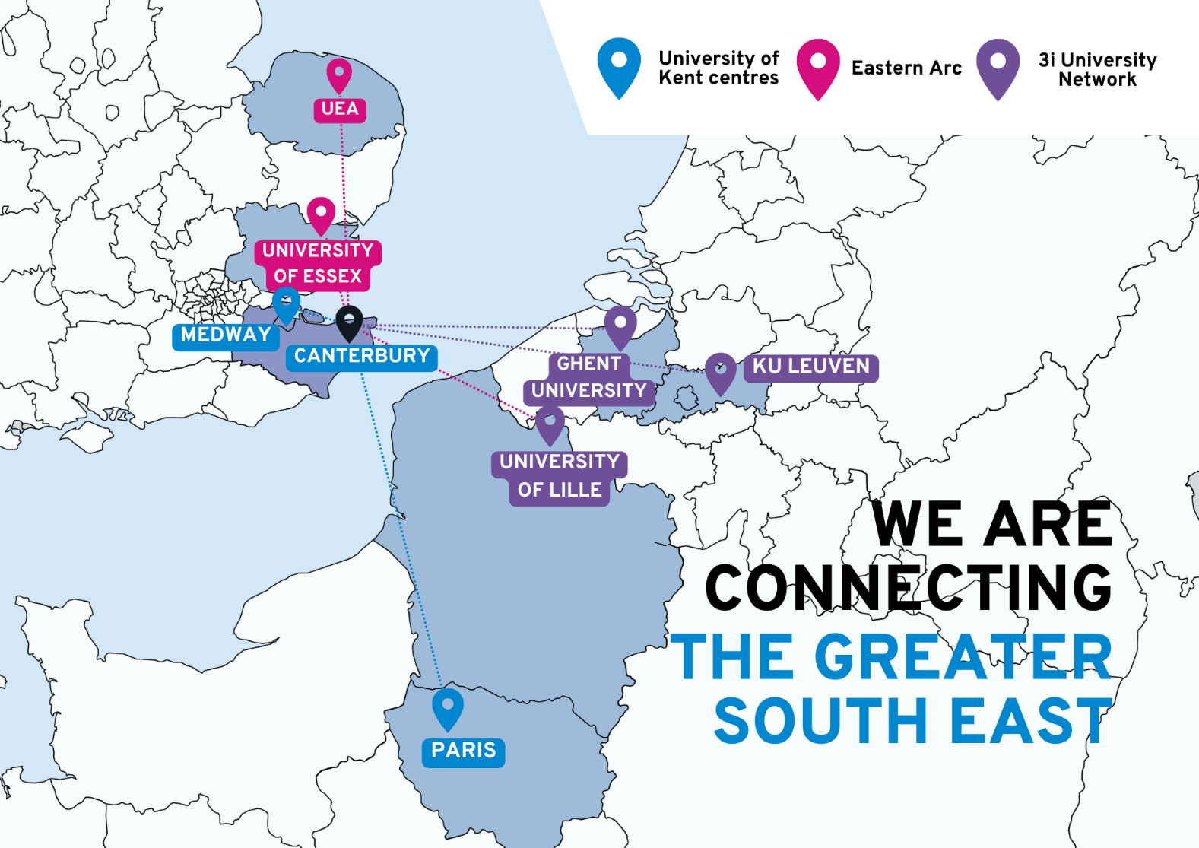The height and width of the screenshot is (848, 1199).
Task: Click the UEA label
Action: (340, 109)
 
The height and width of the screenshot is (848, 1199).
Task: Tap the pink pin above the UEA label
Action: (339, 74)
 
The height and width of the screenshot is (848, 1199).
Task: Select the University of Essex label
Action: (318, 263)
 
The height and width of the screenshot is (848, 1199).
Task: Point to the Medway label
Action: (226, 335)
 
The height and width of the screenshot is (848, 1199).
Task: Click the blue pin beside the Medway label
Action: (286, 303)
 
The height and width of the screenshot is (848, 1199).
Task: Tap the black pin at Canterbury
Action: (349, 321)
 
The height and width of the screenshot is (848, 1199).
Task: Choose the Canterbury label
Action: (362, 356)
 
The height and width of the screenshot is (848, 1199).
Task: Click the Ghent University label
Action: (588, 377)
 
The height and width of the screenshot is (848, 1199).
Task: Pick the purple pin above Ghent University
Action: (620, 325)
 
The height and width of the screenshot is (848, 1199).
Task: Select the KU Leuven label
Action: (811, 367)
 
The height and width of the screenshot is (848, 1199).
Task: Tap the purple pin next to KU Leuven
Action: (721, 370)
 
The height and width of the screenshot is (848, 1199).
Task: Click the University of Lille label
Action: (560, 476)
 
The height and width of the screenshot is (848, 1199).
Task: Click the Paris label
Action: (463, 751)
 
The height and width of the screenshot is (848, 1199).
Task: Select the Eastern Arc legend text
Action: (906, 68)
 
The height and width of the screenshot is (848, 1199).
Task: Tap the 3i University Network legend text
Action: (1097, 69)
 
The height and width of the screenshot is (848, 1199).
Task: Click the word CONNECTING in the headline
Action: (909, 587)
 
